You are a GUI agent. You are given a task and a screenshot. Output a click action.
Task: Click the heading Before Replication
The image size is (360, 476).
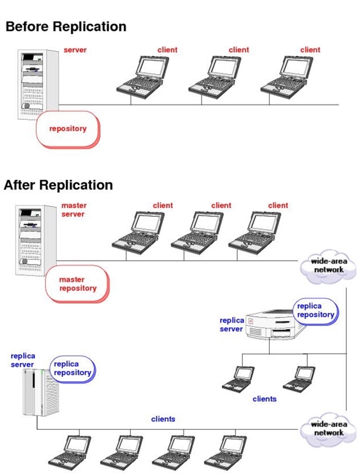pyautogui.click(x=65, y=26)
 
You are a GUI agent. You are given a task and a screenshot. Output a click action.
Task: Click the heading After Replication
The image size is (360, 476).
pyautogui.click(x=59, y=185)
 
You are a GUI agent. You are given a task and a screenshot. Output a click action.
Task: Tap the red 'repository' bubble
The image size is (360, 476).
pyautogui.click(x=68, y=129)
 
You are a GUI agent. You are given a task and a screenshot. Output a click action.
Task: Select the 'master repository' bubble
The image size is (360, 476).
pyautogui.click(x=78, y=284)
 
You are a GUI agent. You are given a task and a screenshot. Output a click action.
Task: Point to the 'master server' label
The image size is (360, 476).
pyautogui.click(x=73, y=210)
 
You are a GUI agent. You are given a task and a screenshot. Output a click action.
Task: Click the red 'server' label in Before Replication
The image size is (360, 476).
pyautogui.click(x=75, y=50)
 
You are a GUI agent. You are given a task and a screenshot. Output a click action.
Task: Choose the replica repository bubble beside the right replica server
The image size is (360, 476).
pyautogui.click(x=315, y=311)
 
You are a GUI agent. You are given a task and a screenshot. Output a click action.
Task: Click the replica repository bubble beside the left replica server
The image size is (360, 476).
pyautogui.click(x=73, y=369)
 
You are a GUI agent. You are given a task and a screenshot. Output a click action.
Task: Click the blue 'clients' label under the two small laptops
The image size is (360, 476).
pyautogui.click(x=264, y=398)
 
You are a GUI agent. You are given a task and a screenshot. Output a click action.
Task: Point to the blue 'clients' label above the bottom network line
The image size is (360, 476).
pyautogui.click(x=163, y=419)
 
